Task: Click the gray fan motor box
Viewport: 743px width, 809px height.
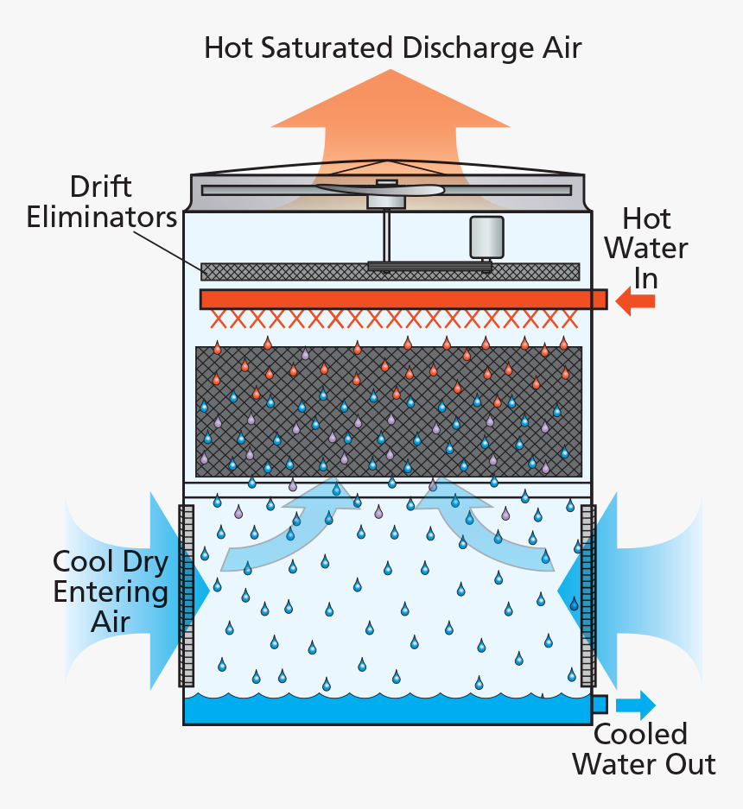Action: point(486,237)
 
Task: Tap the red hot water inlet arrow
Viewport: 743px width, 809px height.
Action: point(637,300)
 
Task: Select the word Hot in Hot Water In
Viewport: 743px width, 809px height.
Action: point(646,219)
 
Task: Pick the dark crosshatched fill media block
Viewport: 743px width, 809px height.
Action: point(388,411)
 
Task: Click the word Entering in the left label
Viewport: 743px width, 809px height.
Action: point(110,591)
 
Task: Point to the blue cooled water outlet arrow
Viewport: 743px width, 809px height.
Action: point(636,704)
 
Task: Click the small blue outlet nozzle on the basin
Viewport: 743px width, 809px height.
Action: point(599,704)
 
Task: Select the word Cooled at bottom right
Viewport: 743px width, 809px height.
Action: point(640,735)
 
